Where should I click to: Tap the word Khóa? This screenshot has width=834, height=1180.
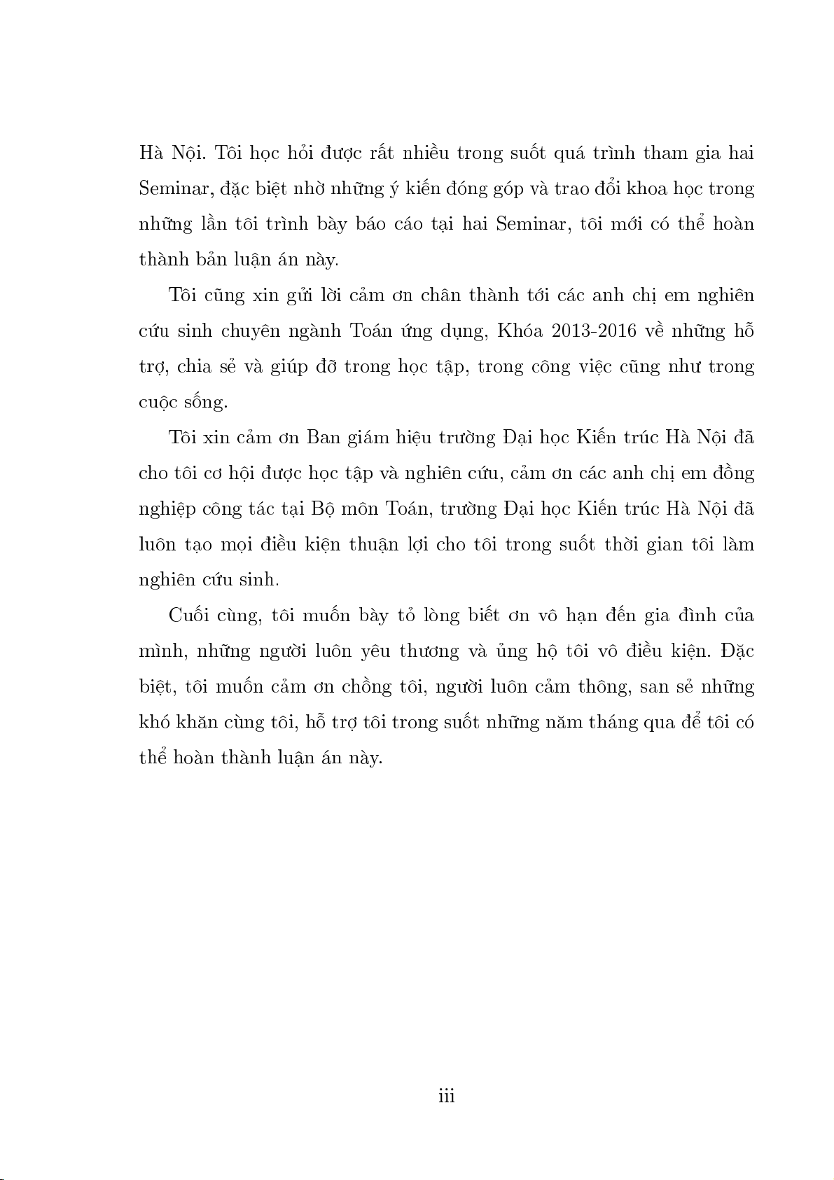coord(519,331)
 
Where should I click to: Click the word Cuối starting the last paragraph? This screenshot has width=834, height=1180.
coord(191,616)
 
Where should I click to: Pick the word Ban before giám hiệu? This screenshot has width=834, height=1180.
coord(322,438)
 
